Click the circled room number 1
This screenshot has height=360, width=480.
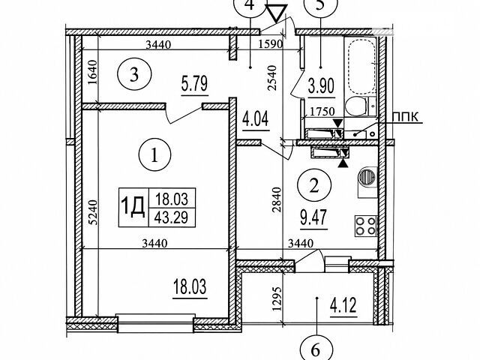[x=154, y=155]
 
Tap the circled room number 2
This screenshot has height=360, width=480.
[x=314, y=185]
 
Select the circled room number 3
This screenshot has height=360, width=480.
[x=134, y=74]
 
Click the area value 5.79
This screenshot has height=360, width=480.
[x=195, y=84]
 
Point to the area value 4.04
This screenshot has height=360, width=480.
[x=256, y=118]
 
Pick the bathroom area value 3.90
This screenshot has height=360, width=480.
[x=321, y=86]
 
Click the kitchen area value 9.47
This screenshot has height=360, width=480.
[x=314, y=217]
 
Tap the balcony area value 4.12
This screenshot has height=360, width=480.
[x=343, y=305]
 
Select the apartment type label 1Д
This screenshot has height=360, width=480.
[x=133, y=207]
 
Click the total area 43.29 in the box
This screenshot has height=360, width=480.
[x=171, y=217]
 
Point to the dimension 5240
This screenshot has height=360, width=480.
[x=94, y=212]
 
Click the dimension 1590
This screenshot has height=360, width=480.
[x=270, y=44]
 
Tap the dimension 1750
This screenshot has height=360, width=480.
[x=322, y=112]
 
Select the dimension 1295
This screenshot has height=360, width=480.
[x=277, y=299]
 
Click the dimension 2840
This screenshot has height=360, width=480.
[x=277, y=200]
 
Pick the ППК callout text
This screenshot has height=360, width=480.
[x=405, y=117]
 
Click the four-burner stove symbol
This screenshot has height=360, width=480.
[x=366, y=226]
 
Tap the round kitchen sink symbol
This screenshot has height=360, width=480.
[x=367, y=177]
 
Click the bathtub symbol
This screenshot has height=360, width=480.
[x=361, y=66]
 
